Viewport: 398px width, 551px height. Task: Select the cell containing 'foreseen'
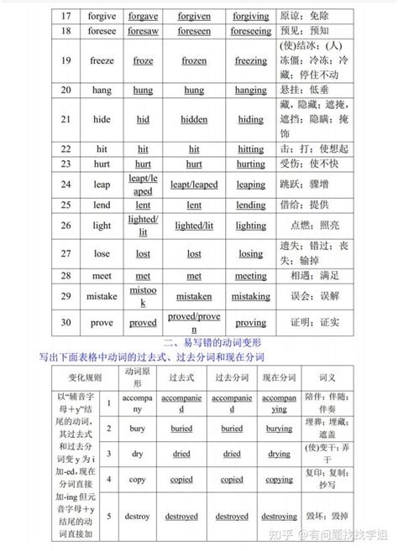pos(194,31)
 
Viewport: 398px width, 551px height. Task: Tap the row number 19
pos(65,60)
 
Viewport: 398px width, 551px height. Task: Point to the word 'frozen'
pos(194,60)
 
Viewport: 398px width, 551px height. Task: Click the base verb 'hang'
pos(102,90)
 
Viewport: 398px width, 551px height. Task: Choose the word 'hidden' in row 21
pos(194,120)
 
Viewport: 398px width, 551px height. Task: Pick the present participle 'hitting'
pos(250,149)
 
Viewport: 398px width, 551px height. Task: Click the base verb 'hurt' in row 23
pos(102,164)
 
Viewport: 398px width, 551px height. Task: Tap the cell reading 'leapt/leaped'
pos(143,185)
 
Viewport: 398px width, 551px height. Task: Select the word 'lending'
pos(250,205)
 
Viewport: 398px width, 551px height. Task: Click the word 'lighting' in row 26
pos(250,226)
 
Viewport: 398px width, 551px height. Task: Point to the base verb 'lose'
pos(102,253)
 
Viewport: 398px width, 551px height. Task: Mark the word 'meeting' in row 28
pos(250,275)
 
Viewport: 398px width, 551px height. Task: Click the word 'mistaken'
pos(194,296)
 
